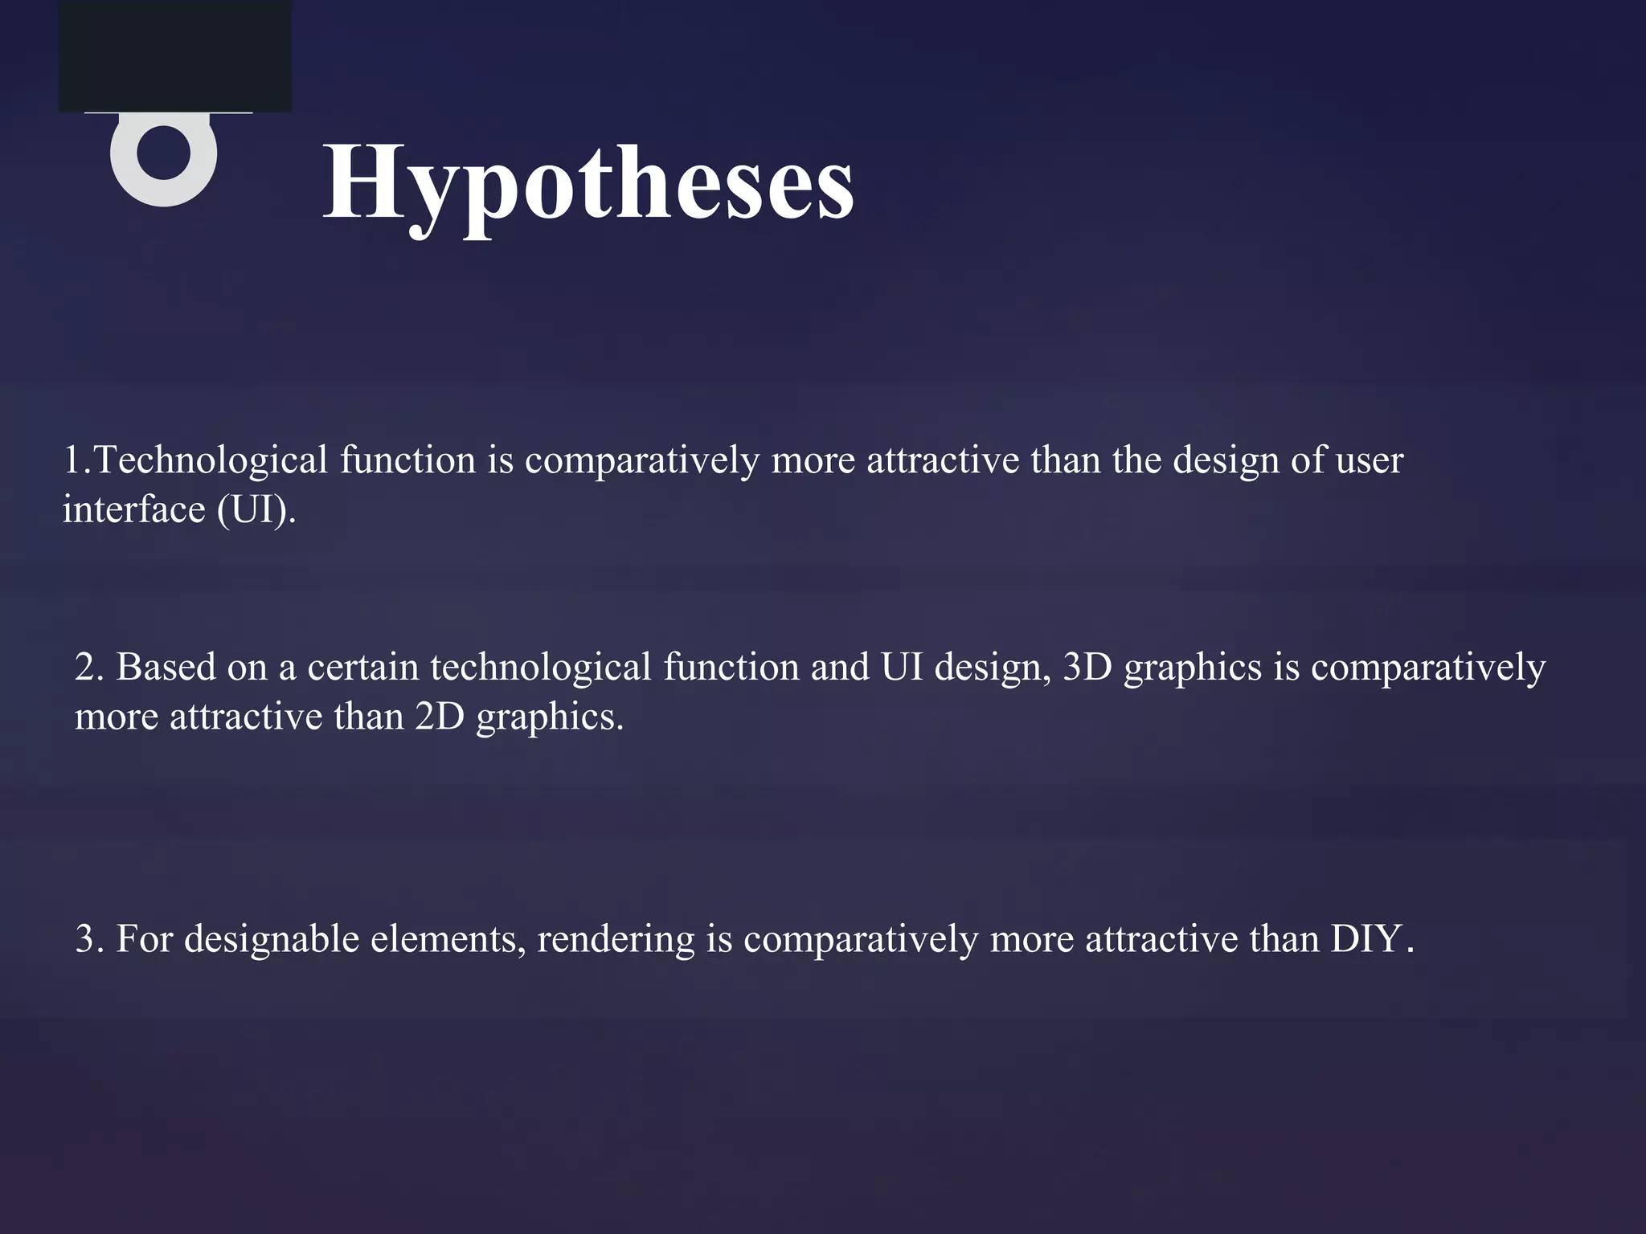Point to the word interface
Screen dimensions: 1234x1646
pyautogui.click(x=133, y=509)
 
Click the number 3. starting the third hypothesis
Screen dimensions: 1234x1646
pyautogui.click(x=89, y=939)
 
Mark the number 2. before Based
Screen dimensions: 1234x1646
pyautogui.click(x=89, y=668)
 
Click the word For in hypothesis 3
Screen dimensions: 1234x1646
pyautogui.click(x=145, y=939)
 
